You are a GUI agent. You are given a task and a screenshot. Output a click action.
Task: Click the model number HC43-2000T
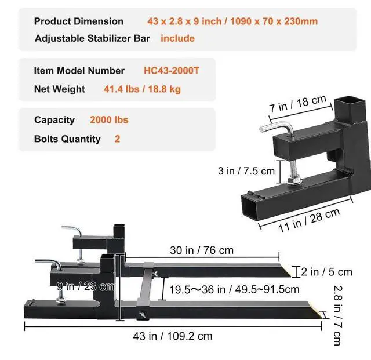tap(172, 71)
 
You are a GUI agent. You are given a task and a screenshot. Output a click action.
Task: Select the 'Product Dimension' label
tap(79, 21)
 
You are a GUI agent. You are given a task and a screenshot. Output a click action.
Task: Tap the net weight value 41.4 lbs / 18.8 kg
tap(142, 89)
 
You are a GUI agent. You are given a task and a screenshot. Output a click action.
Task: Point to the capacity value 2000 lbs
tap(109, 120)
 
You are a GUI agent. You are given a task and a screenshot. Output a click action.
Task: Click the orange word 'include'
tap(177, 39)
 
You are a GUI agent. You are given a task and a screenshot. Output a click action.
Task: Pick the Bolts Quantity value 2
tap(117, 139)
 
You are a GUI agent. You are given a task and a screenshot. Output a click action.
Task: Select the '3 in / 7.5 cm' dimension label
tap(246, 171)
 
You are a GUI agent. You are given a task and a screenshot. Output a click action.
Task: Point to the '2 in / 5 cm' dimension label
tap(328, 271)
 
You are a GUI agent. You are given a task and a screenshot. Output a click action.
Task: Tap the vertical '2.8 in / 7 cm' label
tap(338, 313)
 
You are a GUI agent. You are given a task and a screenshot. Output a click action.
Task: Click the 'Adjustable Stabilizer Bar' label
tap(92, 39)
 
